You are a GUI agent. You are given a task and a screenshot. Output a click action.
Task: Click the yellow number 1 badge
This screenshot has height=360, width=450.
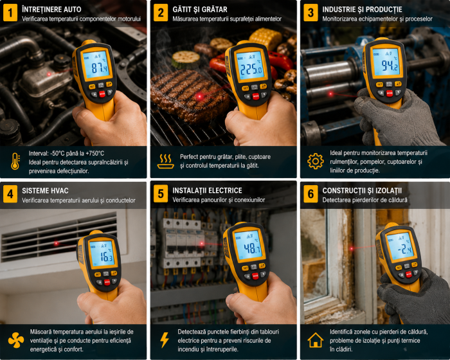point(10,13)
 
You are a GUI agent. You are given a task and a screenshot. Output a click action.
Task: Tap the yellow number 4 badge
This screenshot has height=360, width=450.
point(10,194)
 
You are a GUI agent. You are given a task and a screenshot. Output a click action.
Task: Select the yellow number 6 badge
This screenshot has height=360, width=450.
point(310,194)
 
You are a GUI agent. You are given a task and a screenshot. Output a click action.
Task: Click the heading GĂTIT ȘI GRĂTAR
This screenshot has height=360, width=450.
point(200,10)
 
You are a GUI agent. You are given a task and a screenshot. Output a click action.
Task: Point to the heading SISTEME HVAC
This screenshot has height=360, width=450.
point(45,191)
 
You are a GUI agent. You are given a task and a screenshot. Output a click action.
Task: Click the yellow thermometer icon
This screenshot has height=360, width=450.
point(15,161)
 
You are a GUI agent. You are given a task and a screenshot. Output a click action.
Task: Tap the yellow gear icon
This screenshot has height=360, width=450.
point(316,161)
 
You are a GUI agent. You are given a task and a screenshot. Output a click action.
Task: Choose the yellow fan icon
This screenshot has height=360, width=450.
point(16,340)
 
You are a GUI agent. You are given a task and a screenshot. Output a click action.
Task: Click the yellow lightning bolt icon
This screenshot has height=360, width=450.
point(165,340)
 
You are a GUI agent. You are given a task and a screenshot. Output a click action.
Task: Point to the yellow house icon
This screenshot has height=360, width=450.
point(316,340)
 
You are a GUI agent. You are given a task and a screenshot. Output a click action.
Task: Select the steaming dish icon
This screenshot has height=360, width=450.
point(166,161)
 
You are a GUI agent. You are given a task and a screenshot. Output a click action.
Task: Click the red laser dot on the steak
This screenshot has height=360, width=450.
point(199,96)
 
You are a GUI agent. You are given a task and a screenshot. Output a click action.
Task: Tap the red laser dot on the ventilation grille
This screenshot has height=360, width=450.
point(57,244)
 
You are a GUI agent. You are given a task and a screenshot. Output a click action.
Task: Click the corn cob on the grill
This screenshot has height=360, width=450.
point(265,38)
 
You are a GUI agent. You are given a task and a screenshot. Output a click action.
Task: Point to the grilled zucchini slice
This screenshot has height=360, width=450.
point(186,59)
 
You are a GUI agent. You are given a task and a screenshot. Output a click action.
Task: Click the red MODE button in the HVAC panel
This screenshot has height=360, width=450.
point(107,282)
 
